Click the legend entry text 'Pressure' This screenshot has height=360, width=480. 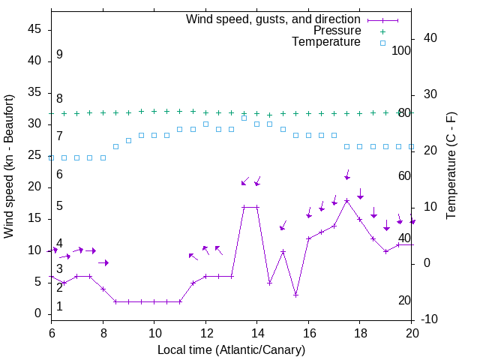(x=337, y=31)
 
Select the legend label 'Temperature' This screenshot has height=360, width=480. (x=326, y=42)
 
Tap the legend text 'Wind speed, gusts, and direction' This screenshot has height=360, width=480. (x=274, y=19)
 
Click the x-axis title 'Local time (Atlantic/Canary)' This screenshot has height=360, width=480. (x=232, y=349)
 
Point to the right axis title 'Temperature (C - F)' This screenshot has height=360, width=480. (x=451, y=166)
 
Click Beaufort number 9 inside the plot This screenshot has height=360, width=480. (x=59, y=55)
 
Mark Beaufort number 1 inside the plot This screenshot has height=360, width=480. (x=59, y=306)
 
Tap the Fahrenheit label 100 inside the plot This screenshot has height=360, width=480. (x=401, y=50)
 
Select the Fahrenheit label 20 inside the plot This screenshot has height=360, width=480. (x=404, y=300)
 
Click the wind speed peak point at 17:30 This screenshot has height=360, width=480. (x=346, y=200)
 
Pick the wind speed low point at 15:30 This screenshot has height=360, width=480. (x=295, y=295)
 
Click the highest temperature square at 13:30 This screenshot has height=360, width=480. (x=244, y=118)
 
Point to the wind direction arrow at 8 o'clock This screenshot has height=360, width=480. (x=103, y=262)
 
